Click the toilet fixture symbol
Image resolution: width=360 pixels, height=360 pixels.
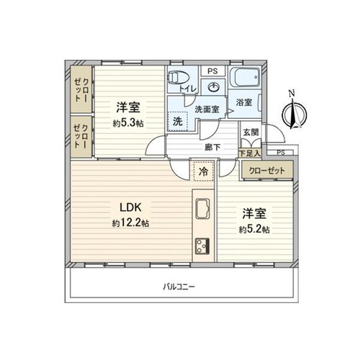179,78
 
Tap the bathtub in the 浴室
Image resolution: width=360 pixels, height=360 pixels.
244,77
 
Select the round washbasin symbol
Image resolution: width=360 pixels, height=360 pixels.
213,87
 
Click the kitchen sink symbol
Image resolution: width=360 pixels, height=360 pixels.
202,209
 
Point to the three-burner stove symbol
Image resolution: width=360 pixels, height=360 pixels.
202,246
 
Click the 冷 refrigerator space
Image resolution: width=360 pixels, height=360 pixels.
204,171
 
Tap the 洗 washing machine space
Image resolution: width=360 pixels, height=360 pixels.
178,122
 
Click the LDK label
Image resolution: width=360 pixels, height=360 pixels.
131,207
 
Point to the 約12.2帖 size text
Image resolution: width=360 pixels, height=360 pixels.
130,223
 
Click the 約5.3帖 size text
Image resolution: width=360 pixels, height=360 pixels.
128,123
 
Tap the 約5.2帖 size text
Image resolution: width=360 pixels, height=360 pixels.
254,230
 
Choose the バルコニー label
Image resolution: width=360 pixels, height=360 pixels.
179,287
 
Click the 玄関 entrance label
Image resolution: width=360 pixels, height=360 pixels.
251,132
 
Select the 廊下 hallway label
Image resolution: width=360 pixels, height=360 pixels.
212,147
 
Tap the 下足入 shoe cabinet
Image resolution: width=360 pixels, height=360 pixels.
250,153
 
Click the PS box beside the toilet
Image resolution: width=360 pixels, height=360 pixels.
212,71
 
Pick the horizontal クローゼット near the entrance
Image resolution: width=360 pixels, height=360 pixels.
267,171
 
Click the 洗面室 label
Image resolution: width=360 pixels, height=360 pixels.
207,109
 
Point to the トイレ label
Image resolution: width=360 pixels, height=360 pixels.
188,89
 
